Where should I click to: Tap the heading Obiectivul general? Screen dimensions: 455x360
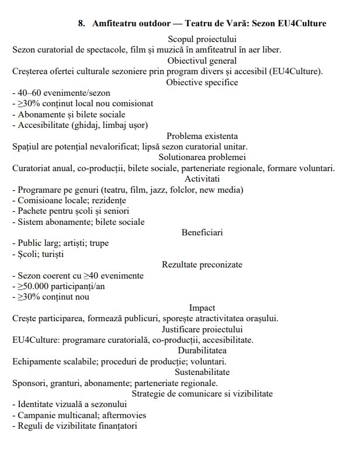coord(202,60)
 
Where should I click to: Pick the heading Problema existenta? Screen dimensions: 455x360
coord(202,136)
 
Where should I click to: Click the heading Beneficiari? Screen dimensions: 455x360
coord(202,232)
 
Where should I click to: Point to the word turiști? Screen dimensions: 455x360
coord(51,254)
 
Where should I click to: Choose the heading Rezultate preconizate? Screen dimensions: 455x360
coord(202,265)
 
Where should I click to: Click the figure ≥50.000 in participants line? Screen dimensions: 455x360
coord(36,286)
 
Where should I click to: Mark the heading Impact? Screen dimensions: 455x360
coord(202,308)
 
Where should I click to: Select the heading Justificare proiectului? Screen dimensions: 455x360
coord(202,329)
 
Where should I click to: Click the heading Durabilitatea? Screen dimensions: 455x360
coord(202,350)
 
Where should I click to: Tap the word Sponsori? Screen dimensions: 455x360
coord(30,383)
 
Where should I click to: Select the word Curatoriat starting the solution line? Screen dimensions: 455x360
coord(33,168)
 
